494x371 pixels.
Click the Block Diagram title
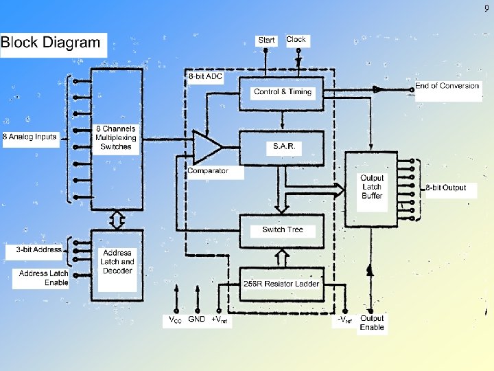click(x=51, y=43)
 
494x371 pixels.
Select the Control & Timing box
click(x=282, y=92)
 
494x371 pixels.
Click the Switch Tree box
click(x=282, y=229)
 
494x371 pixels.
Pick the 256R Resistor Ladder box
click(x=282, y=283)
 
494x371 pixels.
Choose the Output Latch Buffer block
click(x=372, y=187)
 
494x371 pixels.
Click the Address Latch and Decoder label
click(x=117, y=262)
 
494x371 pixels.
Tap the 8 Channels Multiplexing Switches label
click(x=116, y=137)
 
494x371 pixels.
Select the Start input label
click(x=266, y=40)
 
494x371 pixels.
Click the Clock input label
click(x=296, y=40)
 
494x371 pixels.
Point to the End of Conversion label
click(x=447, y=87)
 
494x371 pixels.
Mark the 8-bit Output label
click(x=445, y=188)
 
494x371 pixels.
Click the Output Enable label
click(x=372, y=323)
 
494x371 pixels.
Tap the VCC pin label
click(x=176, y=319)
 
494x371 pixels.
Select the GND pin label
click(x=196, y=319)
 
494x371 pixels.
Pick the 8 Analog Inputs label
click(x=30, y=137)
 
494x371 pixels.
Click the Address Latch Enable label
click(x=43, y=278)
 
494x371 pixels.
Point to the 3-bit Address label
click(x=38, y=250)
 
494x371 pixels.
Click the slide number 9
click(x=486, y=8)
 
